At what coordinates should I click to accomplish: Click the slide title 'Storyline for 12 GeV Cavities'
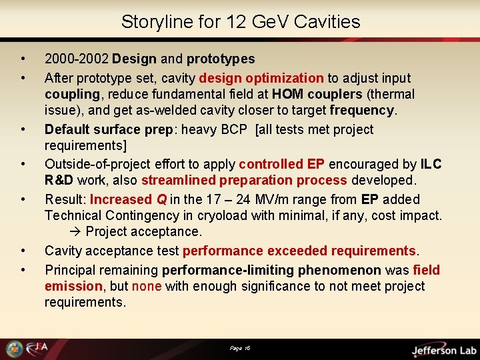pos(240,22)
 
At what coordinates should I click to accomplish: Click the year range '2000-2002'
pos(76,59)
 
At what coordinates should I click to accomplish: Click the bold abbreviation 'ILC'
pos(431,164)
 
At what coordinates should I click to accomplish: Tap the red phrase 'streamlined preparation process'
pos(245,180)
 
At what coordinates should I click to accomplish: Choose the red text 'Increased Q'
pos(128,199)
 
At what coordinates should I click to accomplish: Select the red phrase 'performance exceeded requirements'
pos(299,251)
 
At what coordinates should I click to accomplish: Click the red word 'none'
pos(147,286)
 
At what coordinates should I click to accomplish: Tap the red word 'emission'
pos(73,286)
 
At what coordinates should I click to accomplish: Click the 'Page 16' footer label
pos(240,348)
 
